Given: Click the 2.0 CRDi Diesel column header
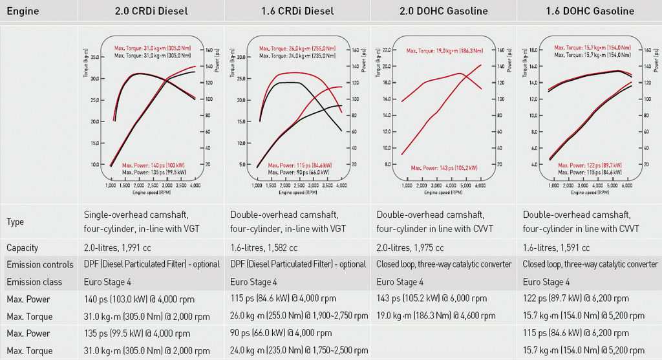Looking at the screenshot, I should pyautogui.click(x=151, y=11).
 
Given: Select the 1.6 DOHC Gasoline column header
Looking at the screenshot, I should pyautogui.click(x=590, y=11).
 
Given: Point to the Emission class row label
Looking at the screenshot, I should pyautogui.click(x=34, y=282).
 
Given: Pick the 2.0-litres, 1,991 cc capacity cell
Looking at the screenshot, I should pyautogui.click(x=122, y=248).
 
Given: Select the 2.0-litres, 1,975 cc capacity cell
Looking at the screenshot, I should pyautogui.click(x=411, y=248).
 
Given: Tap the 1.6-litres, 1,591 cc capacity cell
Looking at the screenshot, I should pyautogui.click(x=557, y=248).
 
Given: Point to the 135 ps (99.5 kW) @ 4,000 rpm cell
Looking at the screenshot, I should pyautogui.click(x=137, y=334).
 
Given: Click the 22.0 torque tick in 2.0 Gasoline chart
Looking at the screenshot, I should pyautogui.click(x=387, y=49).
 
